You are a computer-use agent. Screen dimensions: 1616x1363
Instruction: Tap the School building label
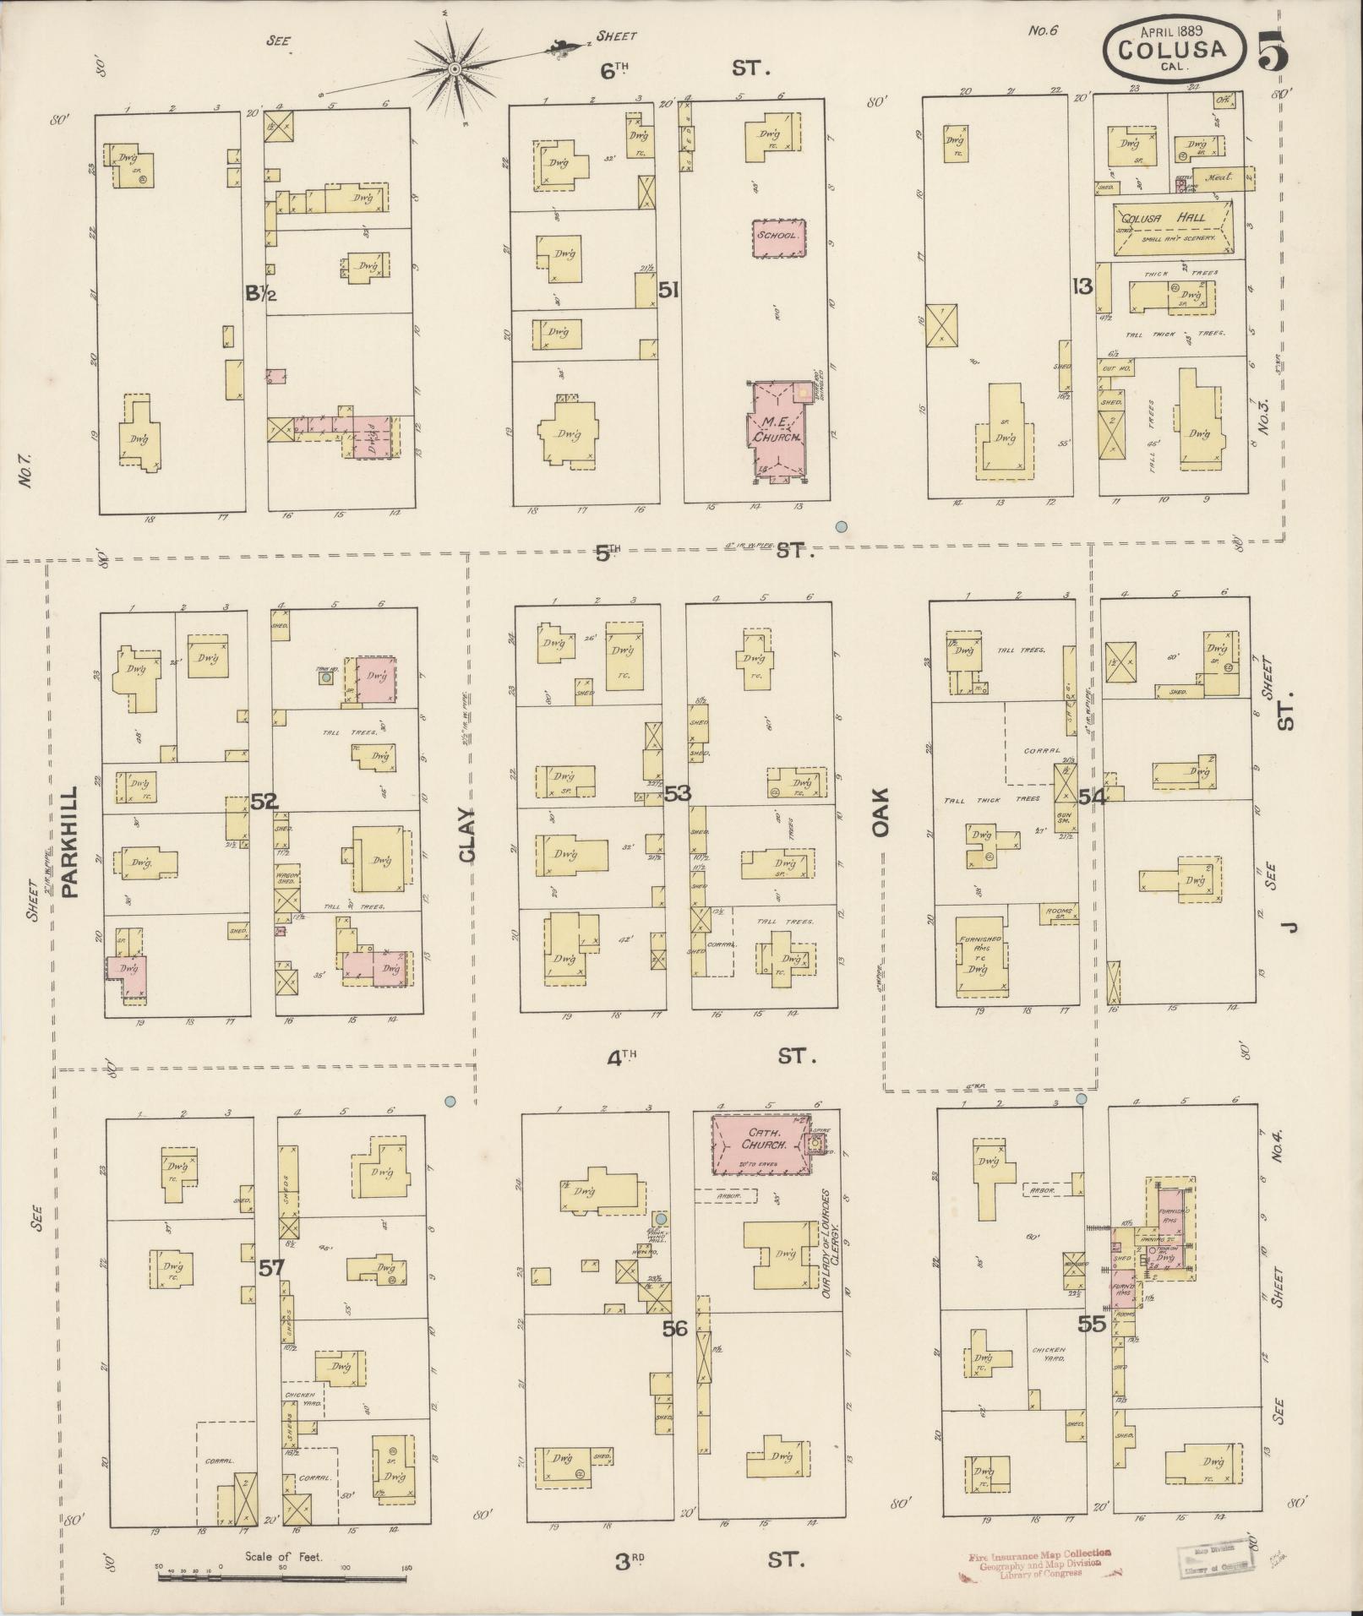tap(777, 236)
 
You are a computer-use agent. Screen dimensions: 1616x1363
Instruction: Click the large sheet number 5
tap(1272, 51)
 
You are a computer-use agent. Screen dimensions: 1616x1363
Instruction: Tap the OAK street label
tap(881, 813)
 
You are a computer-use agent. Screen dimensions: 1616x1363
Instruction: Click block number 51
tap(669, 291)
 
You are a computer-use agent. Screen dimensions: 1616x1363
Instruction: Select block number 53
tap(677, 793)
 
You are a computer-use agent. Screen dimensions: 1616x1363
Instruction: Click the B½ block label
tap(257, 294)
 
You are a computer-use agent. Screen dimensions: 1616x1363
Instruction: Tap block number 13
tap(1082, 286)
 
